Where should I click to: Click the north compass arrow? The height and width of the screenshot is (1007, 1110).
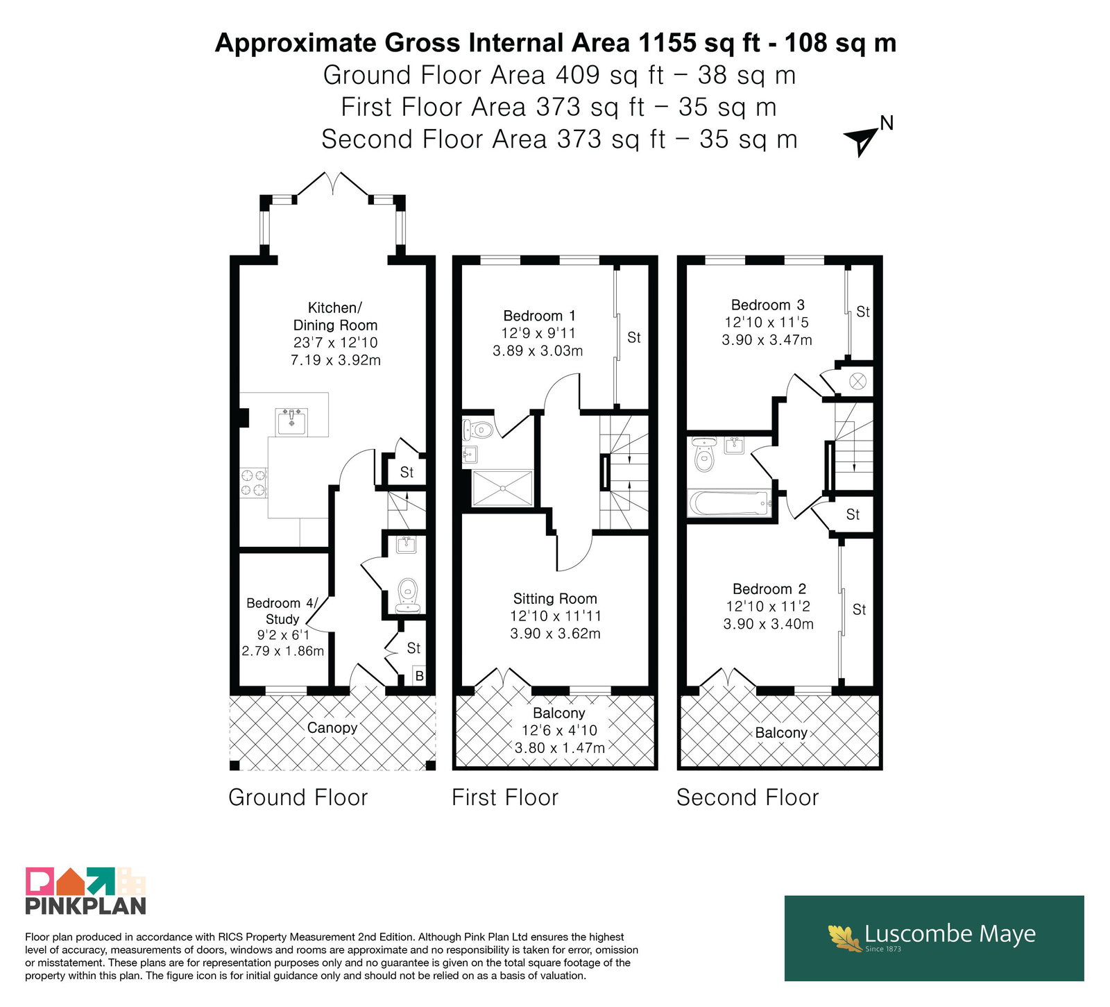861,142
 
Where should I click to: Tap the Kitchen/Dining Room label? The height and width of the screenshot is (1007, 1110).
335,316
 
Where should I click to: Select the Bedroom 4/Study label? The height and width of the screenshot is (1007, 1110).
282,611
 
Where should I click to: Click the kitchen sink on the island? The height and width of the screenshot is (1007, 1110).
292,421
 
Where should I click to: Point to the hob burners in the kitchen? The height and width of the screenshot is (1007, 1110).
253,482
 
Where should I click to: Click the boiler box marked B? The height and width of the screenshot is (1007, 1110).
419,676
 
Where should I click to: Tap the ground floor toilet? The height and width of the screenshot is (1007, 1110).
408,595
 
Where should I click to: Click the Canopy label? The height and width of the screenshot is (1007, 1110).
332,727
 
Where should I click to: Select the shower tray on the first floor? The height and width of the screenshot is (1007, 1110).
503,489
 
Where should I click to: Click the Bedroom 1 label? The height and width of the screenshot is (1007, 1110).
539,316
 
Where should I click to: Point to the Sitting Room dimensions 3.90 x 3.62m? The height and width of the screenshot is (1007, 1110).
555,634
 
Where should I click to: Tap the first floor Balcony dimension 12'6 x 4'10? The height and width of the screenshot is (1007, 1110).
559,730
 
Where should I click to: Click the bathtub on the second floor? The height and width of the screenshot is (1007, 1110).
729,503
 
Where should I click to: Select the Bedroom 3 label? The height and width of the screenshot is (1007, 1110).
767,305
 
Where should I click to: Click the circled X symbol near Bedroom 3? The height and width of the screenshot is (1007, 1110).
858,381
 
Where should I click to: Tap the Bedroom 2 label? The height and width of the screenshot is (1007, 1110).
769,589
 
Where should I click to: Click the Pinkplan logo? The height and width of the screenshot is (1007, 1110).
85,890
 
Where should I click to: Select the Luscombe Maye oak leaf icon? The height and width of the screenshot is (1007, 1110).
844,936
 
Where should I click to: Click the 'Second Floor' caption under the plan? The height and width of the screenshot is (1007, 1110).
747,797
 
